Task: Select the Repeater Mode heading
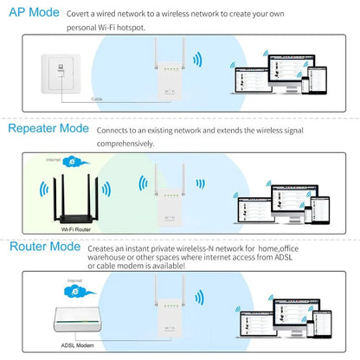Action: click(48, 129)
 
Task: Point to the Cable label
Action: click(99, 99)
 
